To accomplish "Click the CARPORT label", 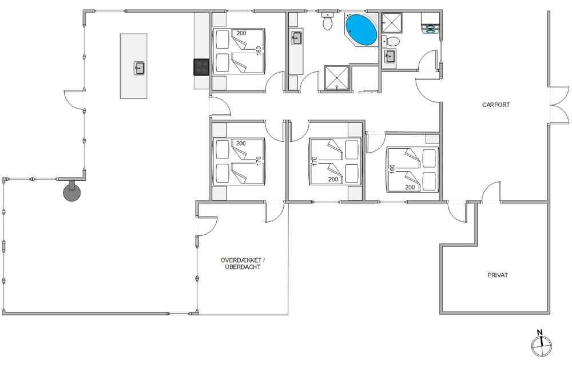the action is click(496, 105).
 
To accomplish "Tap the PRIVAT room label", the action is click(498, 275).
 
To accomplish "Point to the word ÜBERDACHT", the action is click(243, 267).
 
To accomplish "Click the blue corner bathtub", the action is click(361, 30).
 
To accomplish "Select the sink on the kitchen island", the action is click(139, 68).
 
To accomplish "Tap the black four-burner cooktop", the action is click(201, 67).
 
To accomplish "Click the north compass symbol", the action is click(542, 345).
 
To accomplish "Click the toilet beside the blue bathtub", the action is click(328, 21).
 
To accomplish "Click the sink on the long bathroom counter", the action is click(296, 38).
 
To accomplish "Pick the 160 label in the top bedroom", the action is click(259, 50).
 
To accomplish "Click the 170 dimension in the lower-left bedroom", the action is click(259, 161).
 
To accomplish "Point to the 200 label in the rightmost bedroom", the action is click(410, 187).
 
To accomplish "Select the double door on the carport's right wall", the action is click(558, 105).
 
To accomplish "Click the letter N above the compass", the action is click(539, 332).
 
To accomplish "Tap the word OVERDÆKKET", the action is click(241, 260).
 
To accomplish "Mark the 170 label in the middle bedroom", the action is click(315, 161).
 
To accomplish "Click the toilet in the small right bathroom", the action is click(390, 41).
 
